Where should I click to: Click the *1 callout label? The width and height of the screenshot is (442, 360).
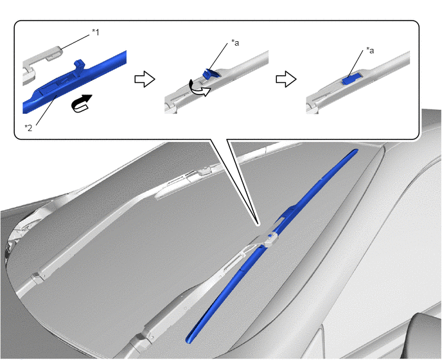pyautogui.click(x=96, y=32)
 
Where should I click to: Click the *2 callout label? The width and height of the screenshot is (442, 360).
pyautogui.click(x=28, y=128)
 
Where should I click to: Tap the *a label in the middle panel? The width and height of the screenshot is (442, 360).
pyautogui.click(x=235, y=42)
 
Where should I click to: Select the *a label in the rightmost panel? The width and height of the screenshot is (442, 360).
pyautogui.click(x=370, y=51)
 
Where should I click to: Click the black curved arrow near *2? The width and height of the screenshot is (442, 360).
pyautogui.click(x=82, y=104)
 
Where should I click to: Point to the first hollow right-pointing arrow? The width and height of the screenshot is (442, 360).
pyautogui.click(x=145, y=79)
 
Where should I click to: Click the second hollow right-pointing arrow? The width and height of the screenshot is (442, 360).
pyautogui.click(x=286, y=79)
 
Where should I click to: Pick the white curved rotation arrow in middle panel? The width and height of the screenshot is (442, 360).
pyautogui.click(x=200, y=87)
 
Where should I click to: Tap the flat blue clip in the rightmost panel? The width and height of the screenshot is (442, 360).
pyautogui.click(x=352, y=78)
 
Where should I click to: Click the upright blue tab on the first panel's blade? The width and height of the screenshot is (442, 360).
pyautogui.click(x=79, y=66)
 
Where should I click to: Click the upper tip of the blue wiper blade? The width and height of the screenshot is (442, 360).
pyautogui.click(x=357, y=150)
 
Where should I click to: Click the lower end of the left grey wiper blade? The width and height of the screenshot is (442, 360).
pyautogui.click(x=36, y=277)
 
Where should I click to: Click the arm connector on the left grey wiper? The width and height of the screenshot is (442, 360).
pyautogui.click(x=204, y=170)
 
